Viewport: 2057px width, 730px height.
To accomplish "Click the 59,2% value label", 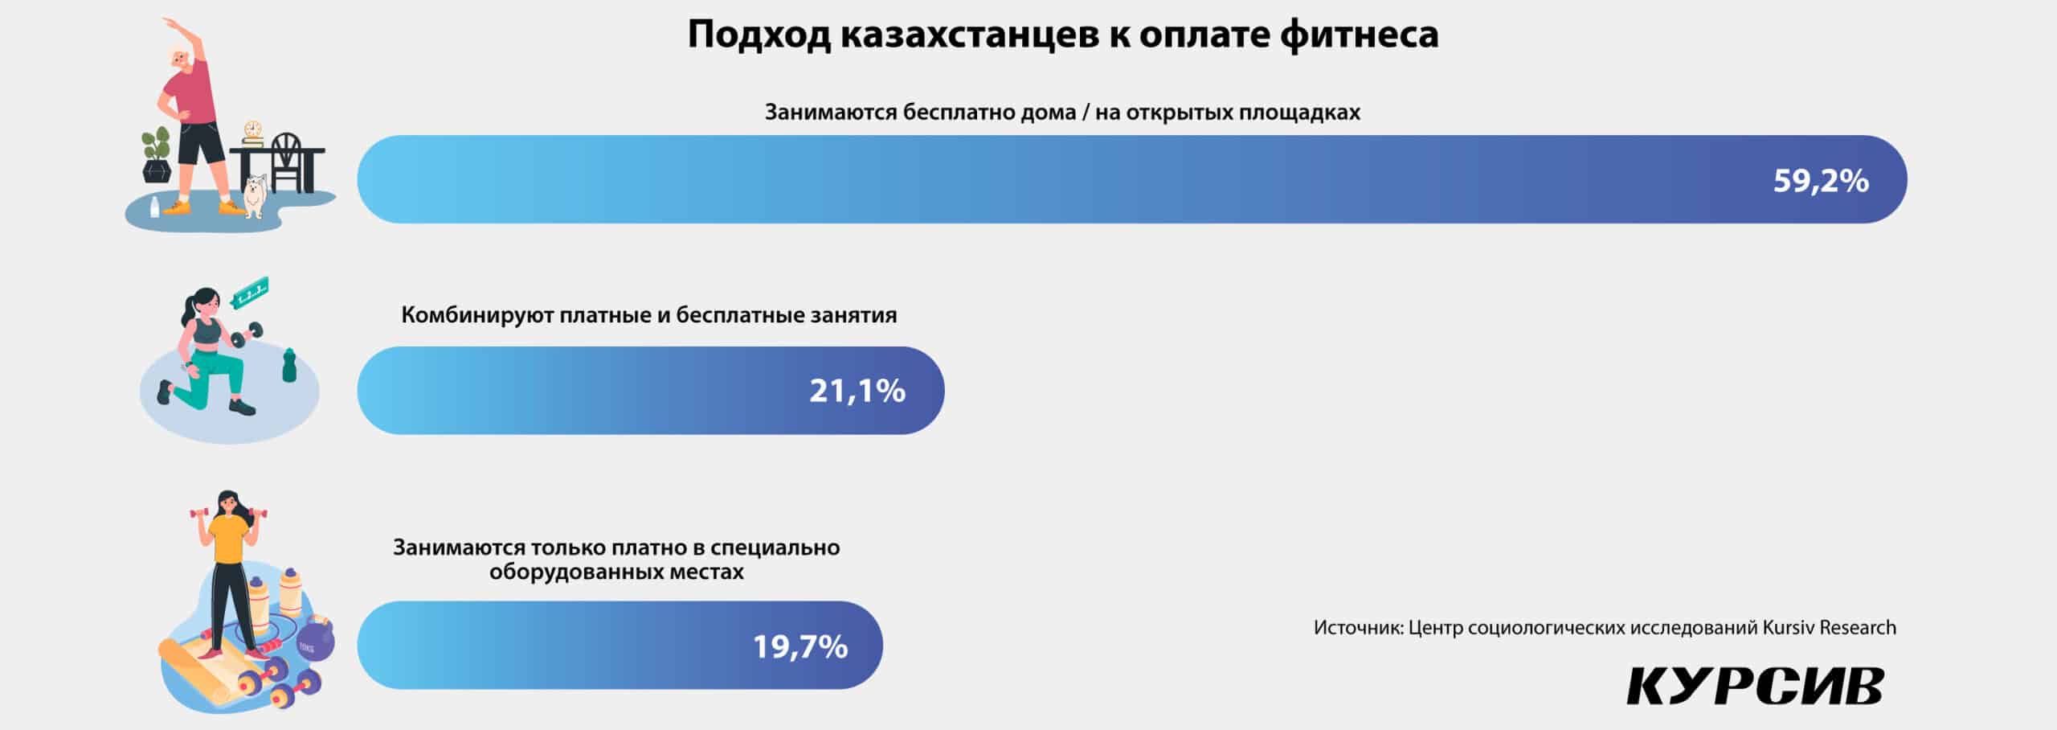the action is tap(1821, 181).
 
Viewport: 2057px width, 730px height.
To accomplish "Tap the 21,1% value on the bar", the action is tap(857, 391).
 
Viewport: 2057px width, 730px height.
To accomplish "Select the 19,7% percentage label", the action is tap(800, 646).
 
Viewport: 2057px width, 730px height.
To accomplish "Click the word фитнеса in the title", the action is tap(1359, 34).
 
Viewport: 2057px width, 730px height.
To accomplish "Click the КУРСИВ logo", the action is tap(1756, 686).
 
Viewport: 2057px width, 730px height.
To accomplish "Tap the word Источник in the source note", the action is tap(1359, 627).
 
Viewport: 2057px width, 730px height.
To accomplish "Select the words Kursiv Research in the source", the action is tap(1830, 627).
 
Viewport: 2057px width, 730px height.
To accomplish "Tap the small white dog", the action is tap(255, 196).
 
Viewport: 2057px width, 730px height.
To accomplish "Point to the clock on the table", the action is tap(253, 130).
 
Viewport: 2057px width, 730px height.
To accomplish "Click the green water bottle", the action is tap(289, 365).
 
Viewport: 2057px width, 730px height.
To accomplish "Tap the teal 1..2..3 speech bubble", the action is tap(249, 293).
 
